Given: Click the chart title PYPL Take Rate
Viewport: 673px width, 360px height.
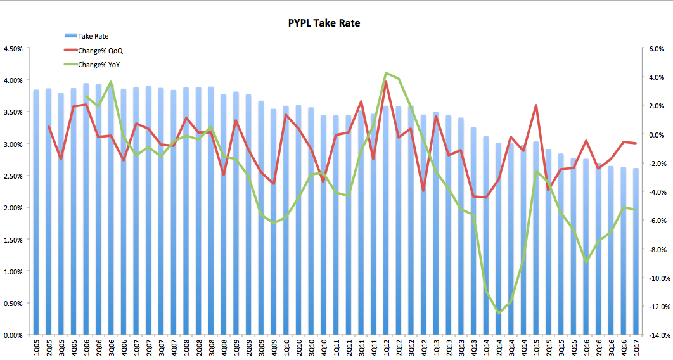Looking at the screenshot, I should pos(323,23).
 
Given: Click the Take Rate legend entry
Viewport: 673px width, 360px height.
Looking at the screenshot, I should pos(93,36).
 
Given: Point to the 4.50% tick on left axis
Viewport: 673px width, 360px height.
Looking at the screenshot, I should pos(13,49).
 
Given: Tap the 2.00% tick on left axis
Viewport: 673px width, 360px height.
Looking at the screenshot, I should pos(13,208).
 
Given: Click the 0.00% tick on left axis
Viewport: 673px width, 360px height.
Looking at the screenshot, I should pos(13,335).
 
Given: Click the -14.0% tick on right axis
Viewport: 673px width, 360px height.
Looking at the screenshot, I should pos(657,335).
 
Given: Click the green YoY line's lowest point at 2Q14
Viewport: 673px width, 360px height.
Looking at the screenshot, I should pos(499,313).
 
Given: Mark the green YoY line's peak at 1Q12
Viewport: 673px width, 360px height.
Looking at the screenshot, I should pos(386,73).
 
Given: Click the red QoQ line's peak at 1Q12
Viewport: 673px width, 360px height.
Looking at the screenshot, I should pos(386,82).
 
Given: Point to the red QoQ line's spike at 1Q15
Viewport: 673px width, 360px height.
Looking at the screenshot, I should pos(536,105).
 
